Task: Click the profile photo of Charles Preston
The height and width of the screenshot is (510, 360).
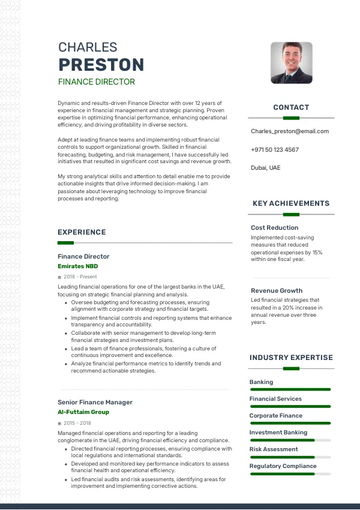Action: [291, 62]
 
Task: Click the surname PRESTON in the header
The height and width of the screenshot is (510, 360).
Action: [101, 65]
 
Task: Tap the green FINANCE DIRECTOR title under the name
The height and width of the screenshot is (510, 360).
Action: [96, 82]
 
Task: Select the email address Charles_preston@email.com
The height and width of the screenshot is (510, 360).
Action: [290, 131]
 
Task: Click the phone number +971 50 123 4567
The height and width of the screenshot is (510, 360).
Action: [274, 149]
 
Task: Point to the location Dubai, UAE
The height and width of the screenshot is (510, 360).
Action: [265, 168]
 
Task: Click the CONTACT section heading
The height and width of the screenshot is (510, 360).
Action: [291, 107]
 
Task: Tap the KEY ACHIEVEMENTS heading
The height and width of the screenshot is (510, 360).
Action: [291, 203]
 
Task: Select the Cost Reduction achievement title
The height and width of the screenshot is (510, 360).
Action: [274, 228]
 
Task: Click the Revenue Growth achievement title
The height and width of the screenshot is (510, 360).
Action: [277, 290]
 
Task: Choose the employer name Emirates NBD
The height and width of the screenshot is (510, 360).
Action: [77, 266]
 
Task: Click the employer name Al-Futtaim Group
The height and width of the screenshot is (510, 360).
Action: [83, 412]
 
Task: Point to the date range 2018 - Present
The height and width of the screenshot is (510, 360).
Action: [80, 277]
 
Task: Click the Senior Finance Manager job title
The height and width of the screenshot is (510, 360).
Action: [95, 402]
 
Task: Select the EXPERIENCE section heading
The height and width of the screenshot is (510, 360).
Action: [82, 232]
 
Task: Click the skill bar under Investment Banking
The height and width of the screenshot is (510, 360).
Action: [290, 440]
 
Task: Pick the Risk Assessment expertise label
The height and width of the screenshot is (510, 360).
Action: [274, 449]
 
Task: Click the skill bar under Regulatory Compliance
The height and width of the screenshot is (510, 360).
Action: [290, 473]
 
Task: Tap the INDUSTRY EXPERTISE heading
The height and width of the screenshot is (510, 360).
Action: [291, 358]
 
